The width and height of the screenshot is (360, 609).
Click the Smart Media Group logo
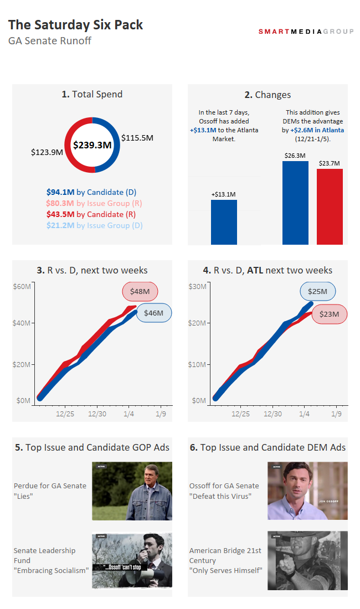[306, 32]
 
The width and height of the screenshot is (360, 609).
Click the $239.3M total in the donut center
[92, 145]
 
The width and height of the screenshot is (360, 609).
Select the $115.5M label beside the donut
[137, 138]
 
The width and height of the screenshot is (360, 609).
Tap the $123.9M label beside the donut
[47, 152]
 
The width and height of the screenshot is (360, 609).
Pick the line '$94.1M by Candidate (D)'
[91, 192]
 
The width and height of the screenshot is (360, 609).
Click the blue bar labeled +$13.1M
[224, 222]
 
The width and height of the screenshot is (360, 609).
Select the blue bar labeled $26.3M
[295, 203]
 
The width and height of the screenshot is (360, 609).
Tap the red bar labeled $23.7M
[330, 207]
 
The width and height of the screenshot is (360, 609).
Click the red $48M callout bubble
[140, 291]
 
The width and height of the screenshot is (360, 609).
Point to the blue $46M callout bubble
[153, 313]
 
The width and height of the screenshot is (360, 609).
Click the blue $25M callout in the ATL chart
[318, 291]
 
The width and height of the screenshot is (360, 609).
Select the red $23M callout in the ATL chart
[329, 314]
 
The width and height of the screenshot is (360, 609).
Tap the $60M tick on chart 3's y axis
[22, 286]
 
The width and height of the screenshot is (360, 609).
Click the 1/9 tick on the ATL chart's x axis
[336, 414]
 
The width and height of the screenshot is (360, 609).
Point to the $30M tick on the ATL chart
[198, 286]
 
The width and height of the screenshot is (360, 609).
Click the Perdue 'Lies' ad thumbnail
[132, 491]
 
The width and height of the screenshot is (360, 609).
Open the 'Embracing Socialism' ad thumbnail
[132, 560]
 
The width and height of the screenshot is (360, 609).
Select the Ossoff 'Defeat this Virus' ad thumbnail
[307, 491]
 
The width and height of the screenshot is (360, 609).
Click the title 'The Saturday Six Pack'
[76, 25]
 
